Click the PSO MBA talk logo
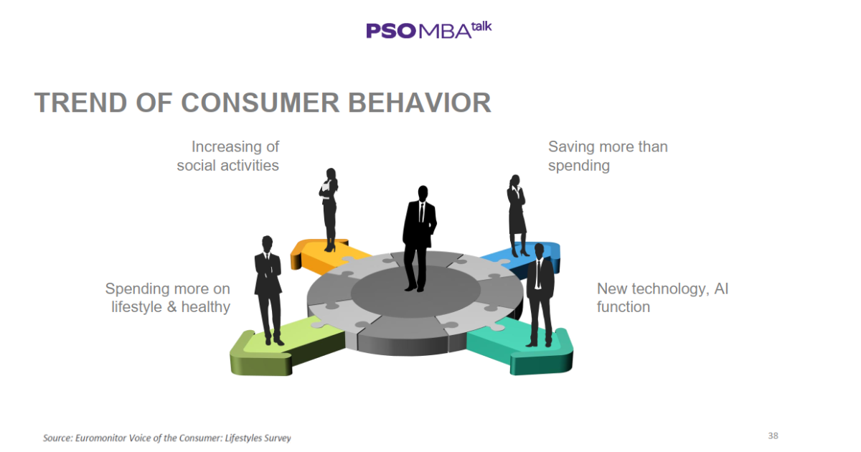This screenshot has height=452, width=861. click(x=428, y=29)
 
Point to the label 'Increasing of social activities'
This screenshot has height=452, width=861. click(x=228, y=156)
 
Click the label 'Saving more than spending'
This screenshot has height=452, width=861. click(x=607, y=156)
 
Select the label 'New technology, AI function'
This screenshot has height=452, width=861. click(x=662, y=298)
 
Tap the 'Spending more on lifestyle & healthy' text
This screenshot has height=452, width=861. click(x=168, y=298)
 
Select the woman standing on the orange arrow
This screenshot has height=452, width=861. click(x=329, y=208)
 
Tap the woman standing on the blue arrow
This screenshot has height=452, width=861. click(x=517, y=214)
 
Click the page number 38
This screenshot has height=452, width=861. click(x=773, y=435)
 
